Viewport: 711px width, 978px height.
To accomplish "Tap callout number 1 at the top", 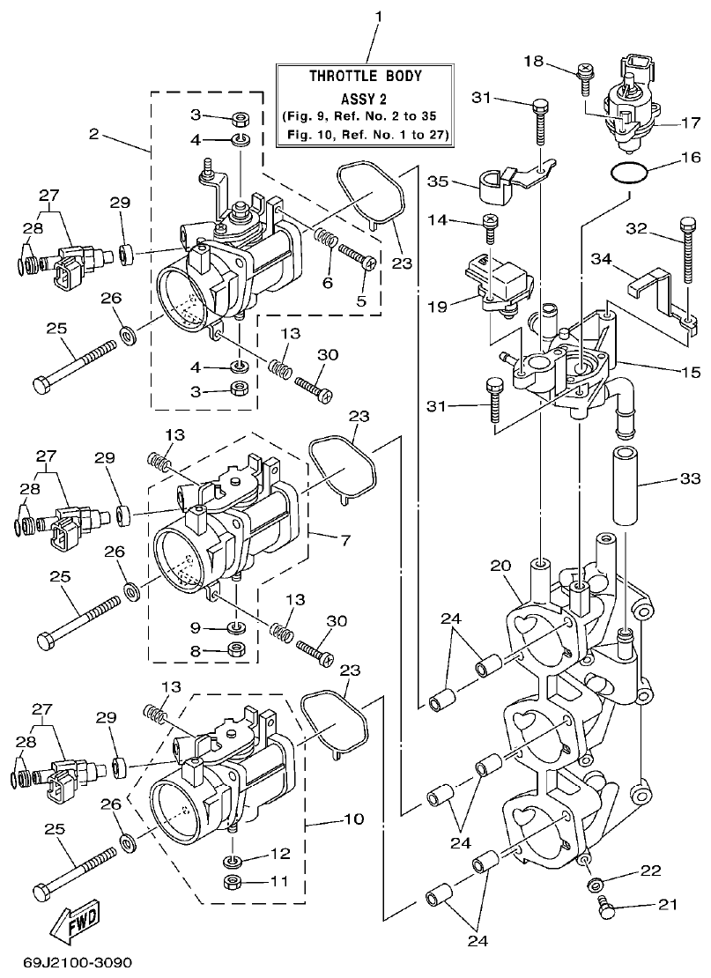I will coord(378,17).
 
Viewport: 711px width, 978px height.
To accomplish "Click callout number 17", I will coord(688,123).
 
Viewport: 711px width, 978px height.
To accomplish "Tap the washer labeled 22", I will coord(596,883).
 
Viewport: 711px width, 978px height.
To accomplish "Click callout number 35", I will coord(439,182).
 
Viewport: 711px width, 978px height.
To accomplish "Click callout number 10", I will coord(352,819).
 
